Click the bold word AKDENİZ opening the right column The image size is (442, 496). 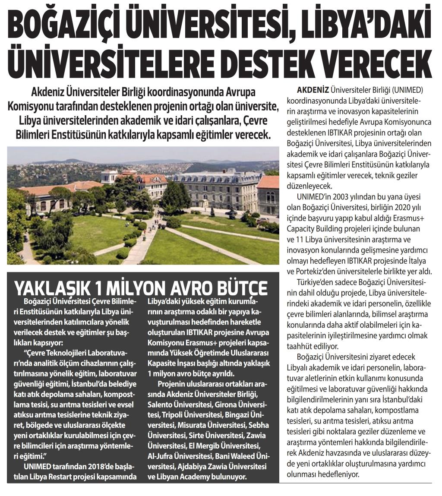313,90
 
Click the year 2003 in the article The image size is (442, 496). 339,197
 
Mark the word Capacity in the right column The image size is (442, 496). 302,228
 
